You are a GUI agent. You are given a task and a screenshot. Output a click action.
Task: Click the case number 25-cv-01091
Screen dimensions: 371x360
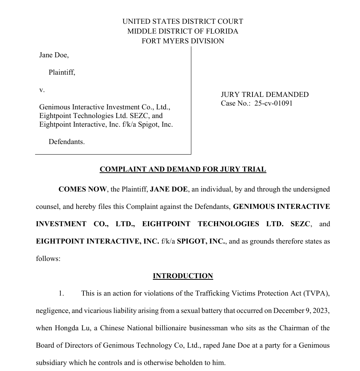tap(273, 103)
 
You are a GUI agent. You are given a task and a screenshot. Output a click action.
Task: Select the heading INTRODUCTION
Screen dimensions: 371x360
tap(183, 276)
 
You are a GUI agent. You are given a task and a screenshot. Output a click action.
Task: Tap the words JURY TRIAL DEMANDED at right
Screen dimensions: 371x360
tap(265, 95)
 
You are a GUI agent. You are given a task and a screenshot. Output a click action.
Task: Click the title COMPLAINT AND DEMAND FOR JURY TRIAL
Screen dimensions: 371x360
tap(183, 169)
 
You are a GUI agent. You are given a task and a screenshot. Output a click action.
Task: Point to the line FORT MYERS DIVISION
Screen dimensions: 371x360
tap(183, 41)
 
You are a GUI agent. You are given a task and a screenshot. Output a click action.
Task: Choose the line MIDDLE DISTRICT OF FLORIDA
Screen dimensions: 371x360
tap(183, 31)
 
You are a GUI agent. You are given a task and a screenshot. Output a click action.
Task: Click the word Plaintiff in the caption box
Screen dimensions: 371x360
tap(62, 72)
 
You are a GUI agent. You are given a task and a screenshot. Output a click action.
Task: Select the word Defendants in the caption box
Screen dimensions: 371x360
tap(66, 142)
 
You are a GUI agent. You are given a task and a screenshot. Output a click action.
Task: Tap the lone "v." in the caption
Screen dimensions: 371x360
tap(42, 90)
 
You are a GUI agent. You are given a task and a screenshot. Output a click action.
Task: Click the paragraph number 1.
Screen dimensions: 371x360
tap(61, 293)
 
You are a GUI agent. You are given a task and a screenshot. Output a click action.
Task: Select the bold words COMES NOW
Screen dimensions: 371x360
tap(82, 189)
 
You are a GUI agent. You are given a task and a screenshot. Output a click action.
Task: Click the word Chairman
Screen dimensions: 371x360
tap(294, 328)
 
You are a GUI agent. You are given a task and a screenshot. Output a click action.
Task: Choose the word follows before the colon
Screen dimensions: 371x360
tap(47, 259)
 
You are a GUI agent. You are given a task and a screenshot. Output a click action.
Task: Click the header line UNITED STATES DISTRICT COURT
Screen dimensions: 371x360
tap(183, 21)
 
